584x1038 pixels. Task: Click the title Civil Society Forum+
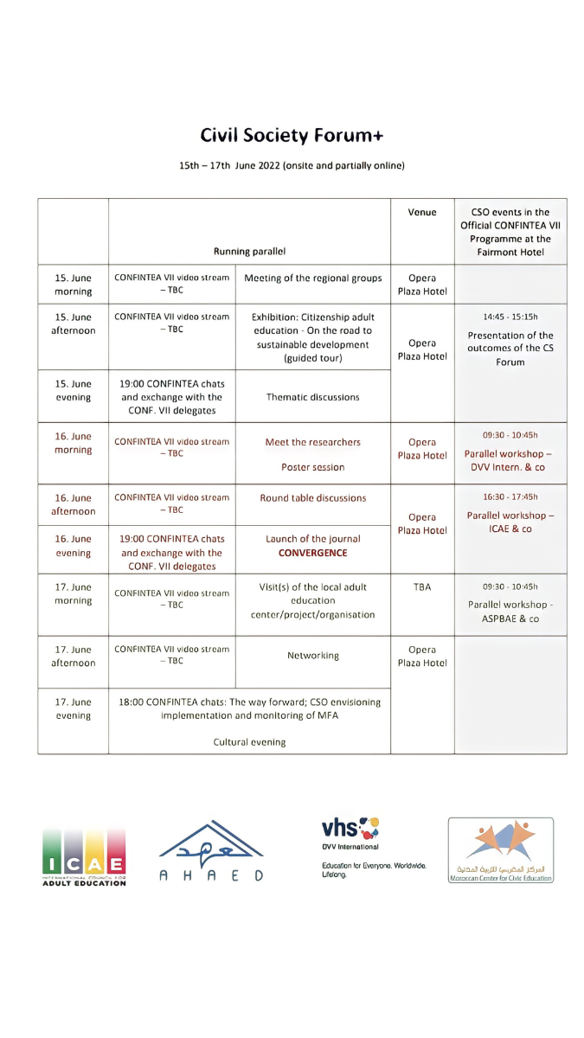point(292,136)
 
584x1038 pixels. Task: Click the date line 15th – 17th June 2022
point(292,165)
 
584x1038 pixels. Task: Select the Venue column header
point(422,212)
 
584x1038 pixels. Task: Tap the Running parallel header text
point(249,252)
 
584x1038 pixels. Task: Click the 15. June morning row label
point(73,285)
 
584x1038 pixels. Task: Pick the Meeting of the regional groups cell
point(312,279)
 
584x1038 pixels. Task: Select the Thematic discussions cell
point(312,397)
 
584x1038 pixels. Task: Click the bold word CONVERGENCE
point(312,553)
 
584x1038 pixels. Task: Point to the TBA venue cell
point(422,587)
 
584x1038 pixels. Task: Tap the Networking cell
point(312,656)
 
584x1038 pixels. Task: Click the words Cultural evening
point(249,742)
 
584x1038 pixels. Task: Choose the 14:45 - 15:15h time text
point(510,317)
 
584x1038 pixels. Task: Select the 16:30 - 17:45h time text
point(510,497)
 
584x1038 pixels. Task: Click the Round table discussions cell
point(312,498)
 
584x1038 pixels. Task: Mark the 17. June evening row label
point(73,708)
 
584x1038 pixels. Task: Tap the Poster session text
point(312,467)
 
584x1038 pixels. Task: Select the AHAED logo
point(211,852)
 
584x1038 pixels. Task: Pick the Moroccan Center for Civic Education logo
point(501,850)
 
